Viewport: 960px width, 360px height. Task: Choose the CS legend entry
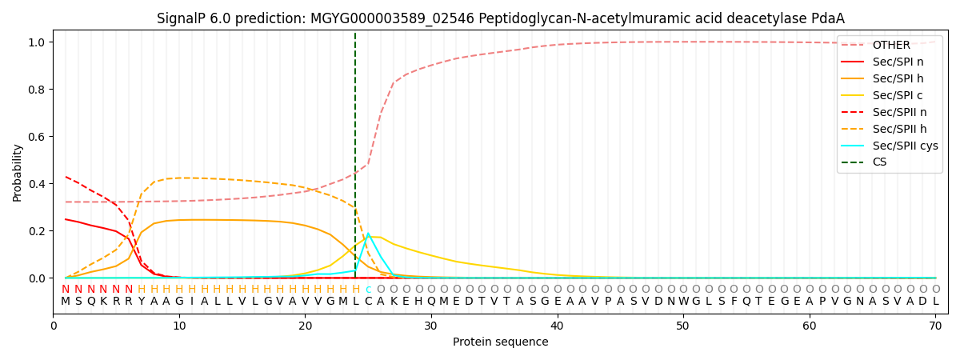879,162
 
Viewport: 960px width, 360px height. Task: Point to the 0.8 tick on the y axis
38,89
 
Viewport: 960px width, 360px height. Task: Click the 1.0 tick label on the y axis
38,42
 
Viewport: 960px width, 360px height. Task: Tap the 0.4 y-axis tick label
38,184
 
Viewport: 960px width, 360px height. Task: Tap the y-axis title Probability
18,172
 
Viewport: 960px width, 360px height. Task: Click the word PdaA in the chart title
827,18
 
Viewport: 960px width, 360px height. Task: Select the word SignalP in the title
181,18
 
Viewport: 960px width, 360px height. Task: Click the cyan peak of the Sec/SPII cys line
368,234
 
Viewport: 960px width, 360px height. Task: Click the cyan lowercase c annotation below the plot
368,290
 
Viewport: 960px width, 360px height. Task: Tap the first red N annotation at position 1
66,290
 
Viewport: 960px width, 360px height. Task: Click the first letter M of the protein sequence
66,302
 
